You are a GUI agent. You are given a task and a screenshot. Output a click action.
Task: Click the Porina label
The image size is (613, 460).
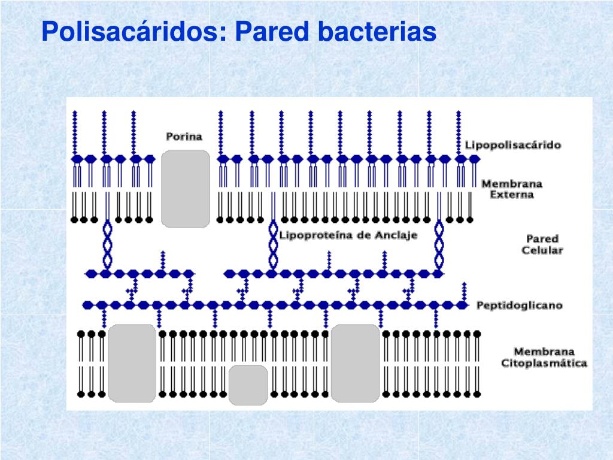(x=184, y=136)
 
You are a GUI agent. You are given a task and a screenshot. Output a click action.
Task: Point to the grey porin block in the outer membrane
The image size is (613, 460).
(x=186, y=189)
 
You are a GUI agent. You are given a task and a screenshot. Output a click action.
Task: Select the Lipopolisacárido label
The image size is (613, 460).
(x=513, y=145)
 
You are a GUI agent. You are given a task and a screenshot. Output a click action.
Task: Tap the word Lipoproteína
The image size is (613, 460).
(x=311, y=235)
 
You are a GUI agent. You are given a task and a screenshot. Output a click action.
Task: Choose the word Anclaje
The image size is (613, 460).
(x=396, y=235)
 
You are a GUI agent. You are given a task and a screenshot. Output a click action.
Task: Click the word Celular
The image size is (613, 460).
(x=542, y=250)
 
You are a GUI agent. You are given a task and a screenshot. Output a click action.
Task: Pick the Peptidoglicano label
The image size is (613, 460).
(x=519, y=305)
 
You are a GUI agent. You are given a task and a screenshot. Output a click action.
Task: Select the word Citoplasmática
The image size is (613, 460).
(x=544, y=363)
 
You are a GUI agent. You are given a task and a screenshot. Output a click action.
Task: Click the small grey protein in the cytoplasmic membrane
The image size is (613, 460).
(x=248, y=385)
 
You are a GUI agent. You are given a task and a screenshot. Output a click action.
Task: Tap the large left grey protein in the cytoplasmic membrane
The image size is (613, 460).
(x=132, y=363)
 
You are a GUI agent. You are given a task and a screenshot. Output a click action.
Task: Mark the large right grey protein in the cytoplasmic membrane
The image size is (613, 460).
(x=356, y=363)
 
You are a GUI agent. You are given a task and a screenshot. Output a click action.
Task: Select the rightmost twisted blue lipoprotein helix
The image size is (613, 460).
(x=439, y=244)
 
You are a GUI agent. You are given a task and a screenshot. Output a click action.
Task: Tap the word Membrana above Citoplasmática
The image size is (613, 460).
(x=544, y=352)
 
